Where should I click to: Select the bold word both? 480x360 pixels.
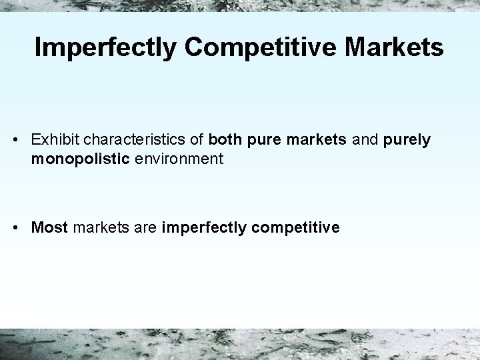pos(224,140)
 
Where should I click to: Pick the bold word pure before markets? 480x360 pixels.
pos(261,140)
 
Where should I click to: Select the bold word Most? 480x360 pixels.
pos(50,227)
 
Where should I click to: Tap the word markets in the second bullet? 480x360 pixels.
pos(99,227)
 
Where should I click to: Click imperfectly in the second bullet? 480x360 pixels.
pos(203,228)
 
